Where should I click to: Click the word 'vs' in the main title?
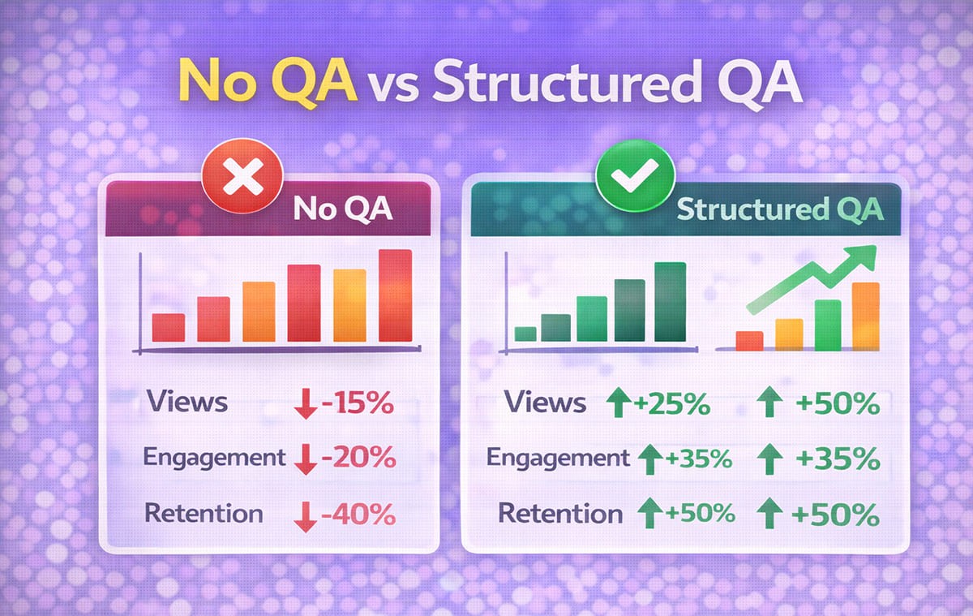pyautogui.click(x=395, y=87)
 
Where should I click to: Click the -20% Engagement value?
pyautogui.click(x=358, y=458)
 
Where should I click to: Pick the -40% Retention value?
pyautogui.click(x=358, y=514)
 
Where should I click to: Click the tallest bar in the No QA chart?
pyautogui.click(x=395, y=295)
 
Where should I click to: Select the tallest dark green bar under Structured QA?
pyautogui.click(x=670, y=302)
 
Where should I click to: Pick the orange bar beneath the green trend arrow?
pyautogui.click(x=866, y=316)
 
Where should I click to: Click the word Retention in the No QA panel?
pyautogui.click(x=204, y=513)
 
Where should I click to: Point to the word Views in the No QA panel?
pyautogui.click(x=187, y=402)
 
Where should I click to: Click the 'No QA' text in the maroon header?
pyautogui.click(x=343, y=210)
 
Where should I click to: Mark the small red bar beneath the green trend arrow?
pyautogui.click(x=748, y=340)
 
